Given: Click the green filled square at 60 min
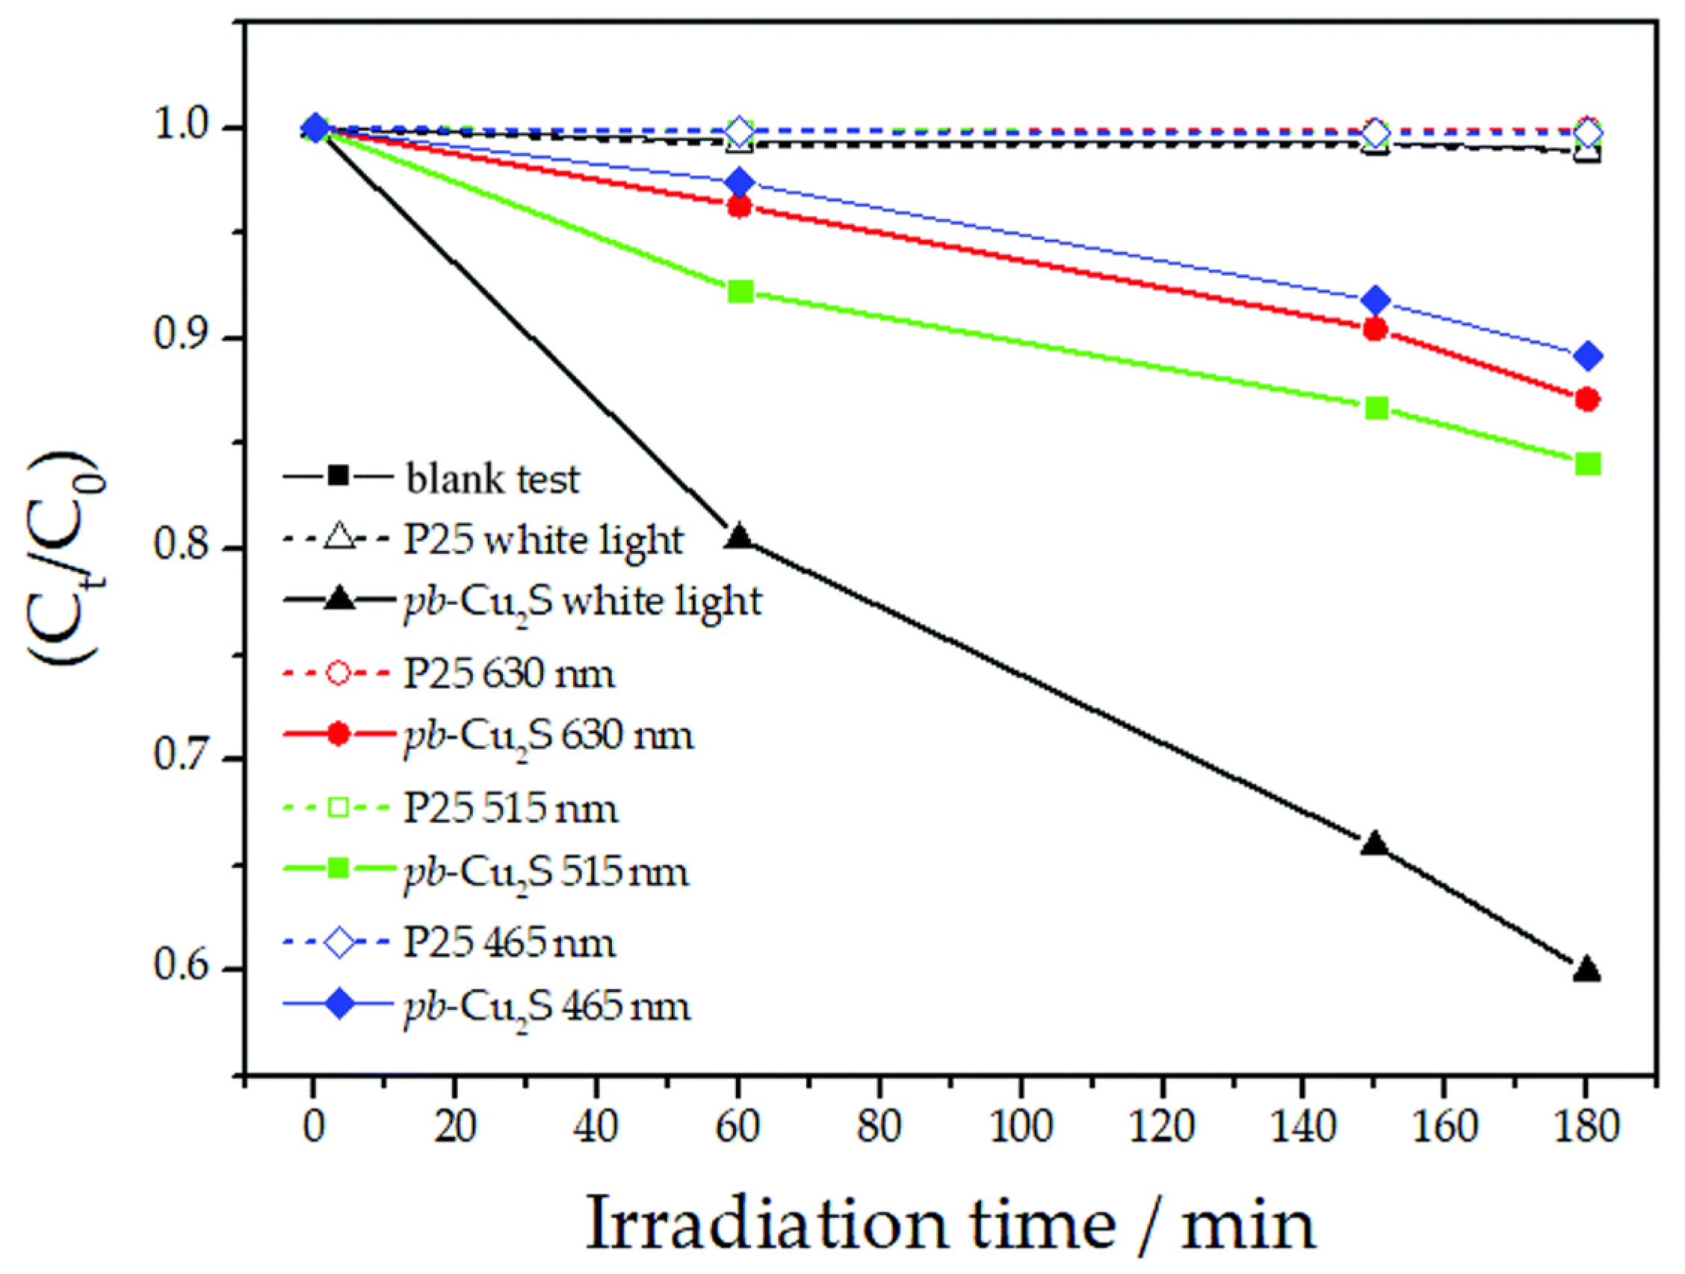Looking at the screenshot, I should (x=741, y=291).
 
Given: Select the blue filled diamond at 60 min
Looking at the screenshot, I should (x=740, y=183).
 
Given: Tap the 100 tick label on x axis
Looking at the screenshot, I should (x=1021, y=1124).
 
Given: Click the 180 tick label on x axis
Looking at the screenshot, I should (x=1586, y=1124).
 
